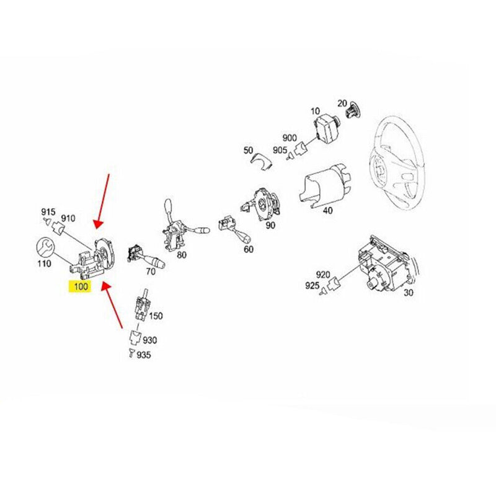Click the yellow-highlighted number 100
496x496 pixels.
click(82, 286)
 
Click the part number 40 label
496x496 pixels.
click(327, 210)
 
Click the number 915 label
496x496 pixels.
click(48, 212)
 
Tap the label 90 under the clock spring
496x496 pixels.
click(270, 225)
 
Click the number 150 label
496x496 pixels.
click(156, 316)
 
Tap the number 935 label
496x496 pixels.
click(143, 355)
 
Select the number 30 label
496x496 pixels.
click(407, 292)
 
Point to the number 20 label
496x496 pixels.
click(342, 103)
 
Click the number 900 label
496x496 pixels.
click(290, 138)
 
